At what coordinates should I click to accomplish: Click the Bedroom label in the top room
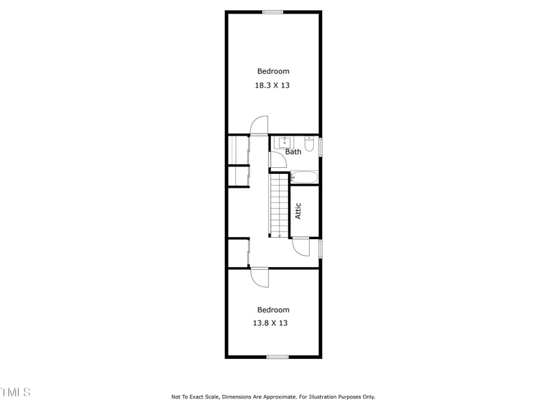point(273,71)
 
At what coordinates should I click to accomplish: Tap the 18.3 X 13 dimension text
point(273,86)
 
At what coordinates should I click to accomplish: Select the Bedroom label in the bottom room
point(273,310)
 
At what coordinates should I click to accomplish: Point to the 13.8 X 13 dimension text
point(270,323)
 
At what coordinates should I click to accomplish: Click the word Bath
point(293,152)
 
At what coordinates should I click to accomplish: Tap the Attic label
point(298,211)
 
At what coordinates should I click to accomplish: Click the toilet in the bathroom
point(309,145)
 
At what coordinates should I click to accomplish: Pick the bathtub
point(304,177)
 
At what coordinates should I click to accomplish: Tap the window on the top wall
point(273,12)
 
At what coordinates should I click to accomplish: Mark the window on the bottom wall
point(277,357)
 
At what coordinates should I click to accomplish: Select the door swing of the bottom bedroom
point(260,277)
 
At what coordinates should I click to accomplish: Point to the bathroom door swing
point(278,160)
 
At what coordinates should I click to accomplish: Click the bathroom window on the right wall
point(320,148)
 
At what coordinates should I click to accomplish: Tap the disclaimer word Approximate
point(281,397)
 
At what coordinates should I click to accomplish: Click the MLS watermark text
point(15,393)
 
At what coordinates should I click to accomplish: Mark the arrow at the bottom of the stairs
point(279,235)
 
